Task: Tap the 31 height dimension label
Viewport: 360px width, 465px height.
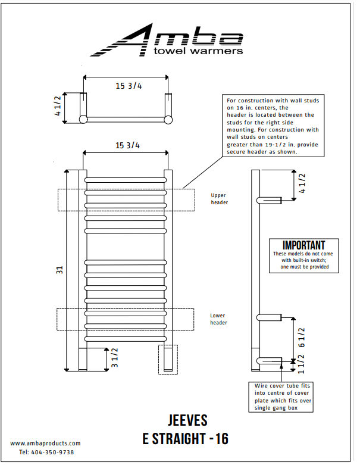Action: [x=60, y=270]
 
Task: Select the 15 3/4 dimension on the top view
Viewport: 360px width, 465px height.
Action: [x=129, y=86]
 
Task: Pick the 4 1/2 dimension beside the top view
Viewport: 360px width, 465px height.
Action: [x=58, y=105]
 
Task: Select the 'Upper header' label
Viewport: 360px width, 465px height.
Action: [x=219, y=198]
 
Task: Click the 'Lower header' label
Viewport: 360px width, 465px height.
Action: [x=218, y=319]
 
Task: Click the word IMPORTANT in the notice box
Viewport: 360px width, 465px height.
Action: [x=303, y=245]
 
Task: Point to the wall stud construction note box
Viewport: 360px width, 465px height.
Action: [x=274, y=126]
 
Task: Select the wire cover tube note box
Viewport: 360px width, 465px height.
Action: [x=282, y=397]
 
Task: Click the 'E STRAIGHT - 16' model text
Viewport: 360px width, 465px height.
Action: [x=185, y=439]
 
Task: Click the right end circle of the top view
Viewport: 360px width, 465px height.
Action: [x=168, y=120]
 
